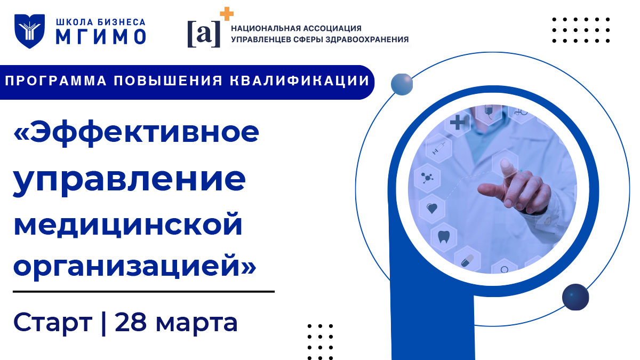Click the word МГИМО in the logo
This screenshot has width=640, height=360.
tap(101, 37)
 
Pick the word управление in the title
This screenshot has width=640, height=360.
tap(130, 180)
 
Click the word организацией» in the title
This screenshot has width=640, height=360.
tap(134, 265)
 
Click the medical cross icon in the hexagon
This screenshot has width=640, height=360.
tap(458, 124)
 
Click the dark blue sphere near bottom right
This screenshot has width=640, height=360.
tap(575, 296)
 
